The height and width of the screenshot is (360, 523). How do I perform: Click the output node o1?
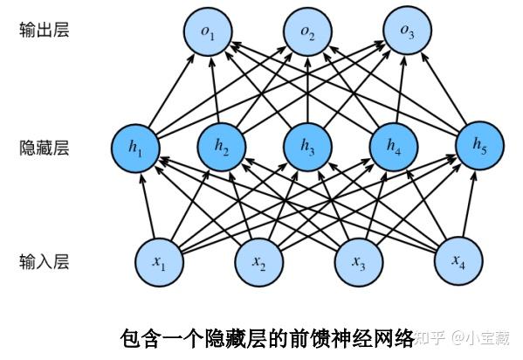(x=212, y=33)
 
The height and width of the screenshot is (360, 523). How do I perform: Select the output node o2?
(x=308, y=33)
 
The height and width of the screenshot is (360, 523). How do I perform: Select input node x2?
(x=259, y=260)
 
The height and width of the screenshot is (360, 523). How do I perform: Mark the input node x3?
(x=360, y=260)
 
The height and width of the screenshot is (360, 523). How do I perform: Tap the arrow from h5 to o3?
(x=442, y=90)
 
